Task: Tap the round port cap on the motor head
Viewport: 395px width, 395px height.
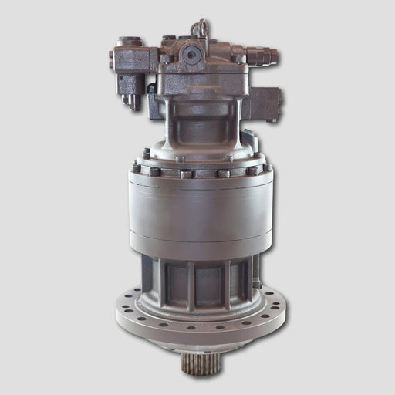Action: pos(191,54)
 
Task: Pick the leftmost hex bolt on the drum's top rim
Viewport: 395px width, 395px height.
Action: pos(137,167)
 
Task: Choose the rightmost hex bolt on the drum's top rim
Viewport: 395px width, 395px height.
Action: pos(267,167)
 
